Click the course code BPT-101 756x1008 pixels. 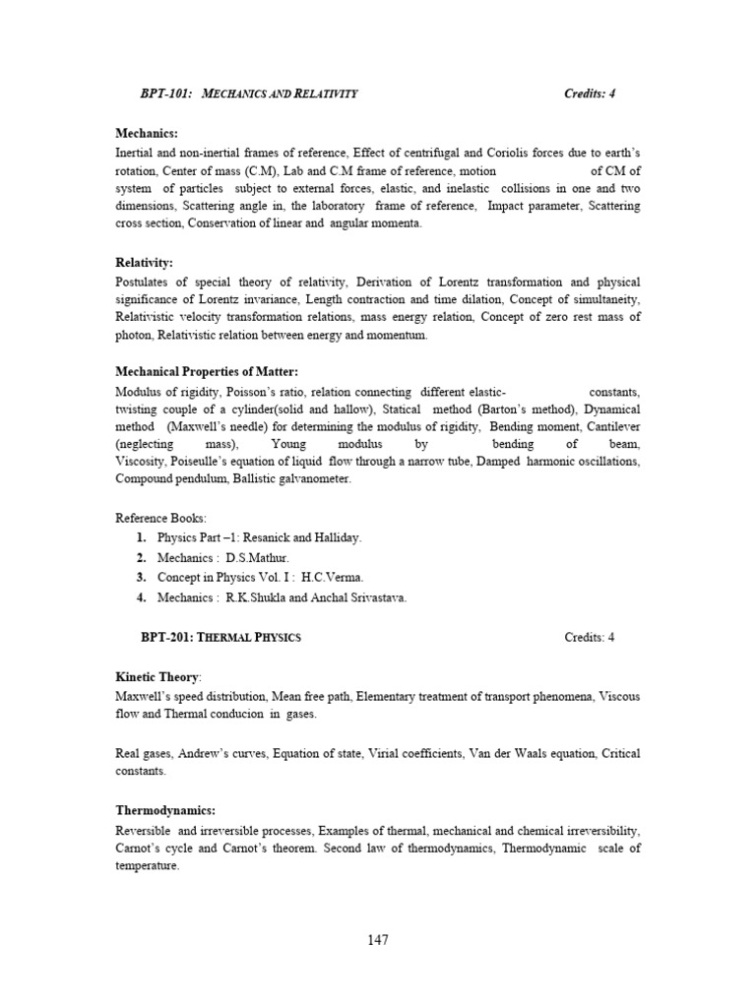[x=166, y=94]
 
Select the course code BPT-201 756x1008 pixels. [x=166, y=637]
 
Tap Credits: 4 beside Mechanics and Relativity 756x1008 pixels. [x=590, y=94]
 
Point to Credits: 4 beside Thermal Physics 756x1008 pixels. [x=590, y=637]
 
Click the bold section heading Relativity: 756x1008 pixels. [x=144, y=263]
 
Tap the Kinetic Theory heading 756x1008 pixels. [x=157, y=677]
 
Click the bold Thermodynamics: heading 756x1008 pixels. [x=165, y=809]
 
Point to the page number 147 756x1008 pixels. [x=378, y=939]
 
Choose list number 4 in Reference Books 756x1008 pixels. [x=142, y=598]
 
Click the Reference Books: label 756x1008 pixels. [x=161, y=518]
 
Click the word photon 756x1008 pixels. [x=134, y=336]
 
